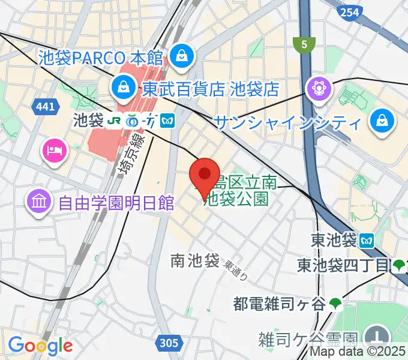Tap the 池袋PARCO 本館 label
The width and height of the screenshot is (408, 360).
click(101, 58)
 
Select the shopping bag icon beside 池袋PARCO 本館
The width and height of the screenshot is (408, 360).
click(180, 57)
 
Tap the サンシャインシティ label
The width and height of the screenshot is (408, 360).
click(289, 124)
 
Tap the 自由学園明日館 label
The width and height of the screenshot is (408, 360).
click(116, 202)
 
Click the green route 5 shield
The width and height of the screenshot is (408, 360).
click(304, 44)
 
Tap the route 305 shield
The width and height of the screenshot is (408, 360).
click(169, 343)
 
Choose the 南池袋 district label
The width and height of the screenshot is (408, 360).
click(194, 261)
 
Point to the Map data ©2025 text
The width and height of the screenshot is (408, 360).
click(358, 353)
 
